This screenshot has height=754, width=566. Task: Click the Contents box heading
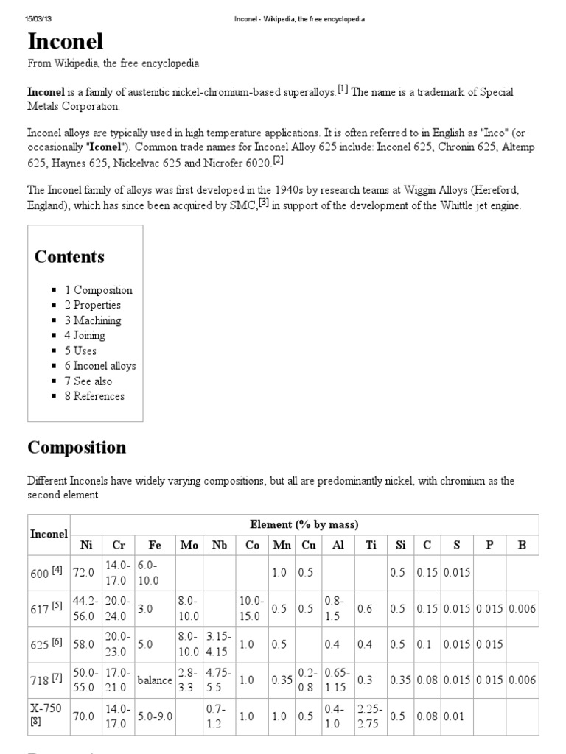[x=69, y=257]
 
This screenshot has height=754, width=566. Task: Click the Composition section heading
[x=77, y=448]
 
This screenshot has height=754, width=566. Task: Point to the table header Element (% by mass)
[x=304, y=525]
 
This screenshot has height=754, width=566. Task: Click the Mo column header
[x=189, y=546]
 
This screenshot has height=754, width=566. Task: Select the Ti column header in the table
[x=370, y=546]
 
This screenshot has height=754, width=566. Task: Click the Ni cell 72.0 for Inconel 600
[x=84, y=572]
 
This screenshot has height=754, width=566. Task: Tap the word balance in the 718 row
[x=155, y=680]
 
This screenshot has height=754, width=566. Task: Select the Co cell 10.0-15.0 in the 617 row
[x=250, y=608]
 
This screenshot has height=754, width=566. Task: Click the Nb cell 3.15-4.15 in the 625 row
[x=219, y=644]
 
